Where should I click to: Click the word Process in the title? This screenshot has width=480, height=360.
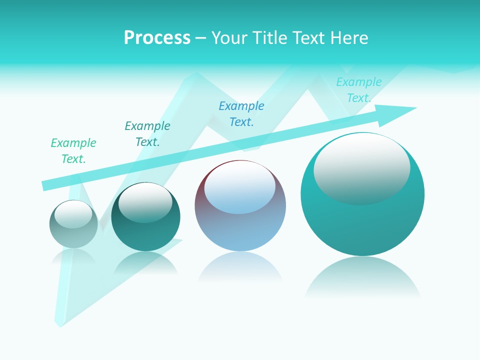click(157, 38)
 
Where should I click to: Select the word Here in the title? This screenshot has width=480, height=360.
click(349, 38)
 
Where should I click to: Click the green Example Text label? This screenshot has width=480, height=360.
click(73, 151)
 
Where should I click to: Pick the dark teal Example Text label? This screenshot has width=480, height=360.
click(147, 134)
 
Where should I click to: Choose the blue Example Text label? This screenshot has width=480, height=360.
click(241, 114)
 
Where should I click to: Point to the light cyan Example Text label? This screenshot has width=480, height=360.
click(358, 90)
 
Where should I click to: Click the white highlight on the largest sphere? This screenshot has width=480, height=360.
click(361, 167)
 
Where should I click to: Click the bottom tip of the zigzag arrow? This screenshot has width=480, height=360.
click(60, 325)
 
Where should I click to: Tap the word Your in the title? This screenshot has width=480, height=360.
click(228, 38)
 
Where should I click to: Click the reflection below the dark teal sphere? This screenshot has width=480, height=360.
click(145, 262)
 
